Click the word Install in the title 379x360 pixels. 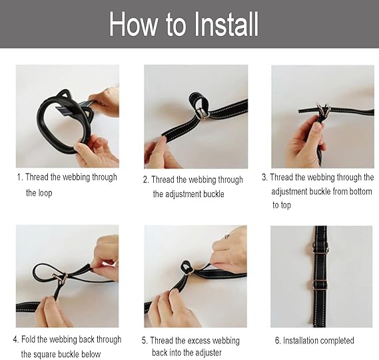(x=226, y=24)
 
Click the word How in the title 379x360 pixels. (x=133, y=24)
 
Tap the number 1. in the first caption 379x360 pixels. (x=20, y=177)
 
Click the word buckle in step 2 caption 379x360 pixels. (x=214, y=194)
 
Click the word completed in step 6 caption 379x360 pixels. (x=336, y=341)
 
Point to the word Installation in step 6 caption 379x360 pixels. (x=300, y=341)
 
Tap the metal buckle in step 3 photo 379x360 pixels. (x=323, y=110)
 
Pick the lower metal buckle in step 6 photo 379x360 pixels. (x=319, y=285)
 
